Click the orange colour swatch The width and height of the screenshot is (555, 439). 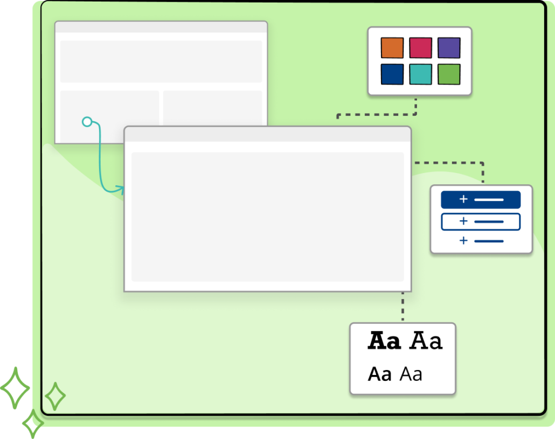(392, 48)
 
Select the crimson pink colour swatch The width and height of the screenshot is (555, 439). (420, 48)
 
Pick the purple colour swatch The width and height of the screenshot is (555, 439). (449, 48)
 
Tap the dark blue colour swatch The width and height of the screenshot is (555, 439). (392, 74)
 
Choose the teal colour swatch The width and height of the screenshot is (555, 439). (420, 74)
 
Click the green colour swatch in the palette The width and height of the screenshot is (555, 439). (449, 74)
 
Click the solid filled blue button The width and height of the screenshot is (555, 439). (481, 200)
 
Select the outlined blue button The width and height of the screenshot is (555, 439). (481, 221)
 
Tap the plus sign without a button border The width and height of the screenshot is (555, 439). (463, 241)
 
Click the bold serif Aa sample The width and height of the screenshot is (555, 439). (384, 342)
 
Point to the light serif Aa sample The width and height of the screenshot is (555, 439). (426, 342)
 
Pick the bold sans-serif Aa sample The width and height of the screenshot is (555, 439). (380, 374)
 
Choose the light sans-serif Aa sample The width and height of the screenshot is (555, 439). (411, 374)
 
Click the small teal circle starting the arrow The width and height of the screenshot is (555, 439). (87, 122)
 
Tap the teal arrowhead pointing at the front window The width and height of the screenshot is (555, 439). (121, 189)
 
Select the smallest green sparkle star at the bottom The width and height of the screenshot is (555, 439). (33, 423)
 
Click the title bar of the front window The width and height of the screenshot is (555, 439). (267, 134)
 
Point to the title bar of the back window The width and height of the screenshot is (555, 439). (161, 27)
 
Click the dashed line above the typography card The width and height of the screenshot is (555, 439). (403, 307)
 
